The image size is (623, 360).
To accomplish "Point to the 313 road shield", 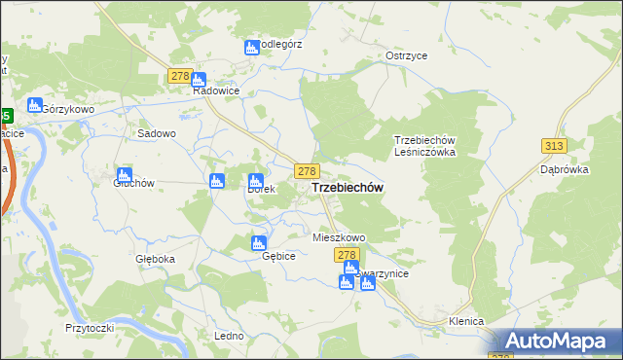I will click(554, 145).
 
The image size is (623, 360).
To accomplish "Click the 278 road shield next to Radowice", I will click(178, 76).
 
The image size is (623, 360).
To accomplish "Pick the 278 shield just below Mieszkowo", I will click(348, 254).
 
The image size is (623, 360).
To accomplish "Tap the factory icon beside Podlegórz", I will click(252, 48).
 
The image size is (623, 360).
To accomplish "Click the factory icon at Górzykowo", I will click(35, 105).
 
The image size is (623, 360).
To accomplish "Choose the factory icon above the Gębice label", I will click(259, 243).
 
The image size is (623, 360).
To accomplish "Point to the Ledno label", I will click(228, 336).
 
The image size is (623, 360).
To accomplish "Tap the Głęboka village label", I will click(155, 259).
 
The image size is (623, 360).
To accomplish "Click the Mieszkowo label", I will click(338, 237).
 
